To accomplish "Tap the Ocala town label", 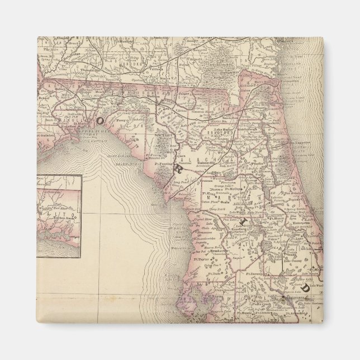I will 238,193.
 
